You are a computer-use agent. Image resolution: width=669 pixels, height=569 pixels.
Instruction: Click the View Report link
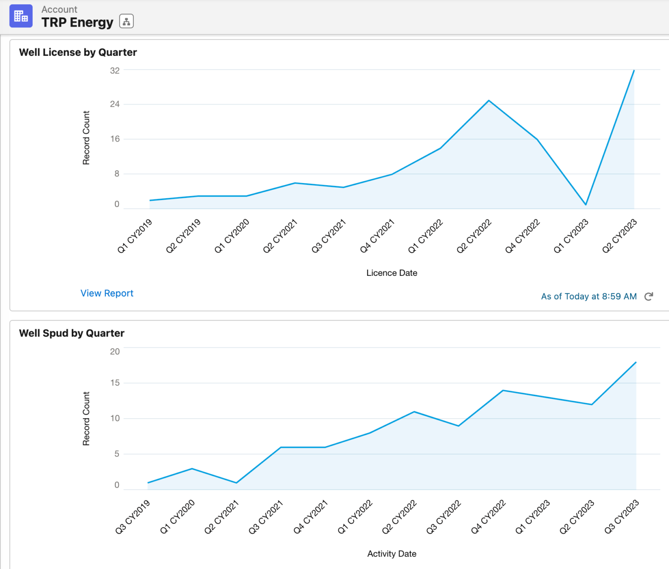click(x=107, y=293)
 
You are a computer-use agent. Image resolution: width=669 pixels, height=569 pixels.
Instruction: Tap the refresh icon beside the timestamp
click(x=649, y=296)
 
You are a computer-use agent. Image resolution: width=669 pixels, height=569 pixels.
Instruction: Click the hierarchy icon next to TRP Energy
click(x=126, y=21)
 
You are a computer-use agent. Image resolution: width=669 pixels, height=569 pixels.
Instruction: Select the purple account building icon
click(x=21, y=16)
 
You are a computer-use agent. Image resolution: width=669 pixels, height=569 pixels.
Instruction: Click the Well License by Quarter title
click(x=78, y=52)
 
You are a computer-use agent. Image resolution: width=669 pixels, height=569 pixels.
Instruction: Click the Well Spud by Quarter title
click(x=72, y=333)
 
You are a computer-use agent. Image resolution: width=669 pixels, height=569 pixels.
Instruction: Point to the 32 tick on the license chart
click(x=115, y=71)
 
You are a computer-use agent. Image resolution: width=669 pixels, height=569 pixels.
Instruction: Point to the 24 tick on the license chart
click(x=115, y=104)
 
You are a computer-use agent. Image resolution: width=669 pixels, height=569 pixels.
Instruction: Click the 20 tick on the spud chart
click(x=115, y=352)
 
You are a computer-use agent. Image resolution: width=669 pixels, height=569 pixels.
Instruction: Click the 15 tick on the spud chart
click(x=115, y=383)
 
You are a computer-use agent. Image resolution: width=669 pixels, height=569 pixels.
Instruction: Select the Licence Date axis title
click(x=392, y=273)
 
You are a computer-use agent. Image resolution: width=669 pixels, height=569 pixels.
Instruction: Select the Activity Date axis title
click(x=392, y=554)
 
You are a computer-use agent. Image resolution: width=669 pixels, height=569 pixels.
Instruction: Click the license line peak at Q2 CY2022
click(x=489, y=101)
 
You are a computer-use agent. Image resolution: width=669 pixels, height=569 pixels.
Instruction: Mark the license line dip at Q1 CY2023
click(x=586, y=204)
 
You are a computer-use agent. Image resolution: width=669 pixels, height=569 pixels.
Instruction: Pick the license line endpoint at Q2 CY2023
click(x=634, y=71)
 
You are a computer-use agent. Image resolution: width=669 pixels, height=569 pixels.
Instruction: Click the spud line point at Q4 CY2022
click(x=503, y=390)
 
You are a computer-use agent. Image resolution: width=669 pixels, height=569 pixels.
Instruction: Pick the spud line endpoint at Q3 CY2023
click(x=636, y=362)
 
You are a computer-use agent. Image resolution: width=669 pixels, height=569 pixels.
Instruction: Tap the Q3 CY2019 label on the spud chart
click(x=133, y=517)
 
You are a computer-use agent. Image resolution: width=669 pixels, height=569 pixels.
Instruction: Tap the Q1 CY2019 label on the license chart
click(x=135, y=236)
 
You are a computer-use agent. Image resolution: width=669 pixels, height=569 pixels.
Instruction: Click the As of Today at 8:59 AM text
click(x=588, y=296)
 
